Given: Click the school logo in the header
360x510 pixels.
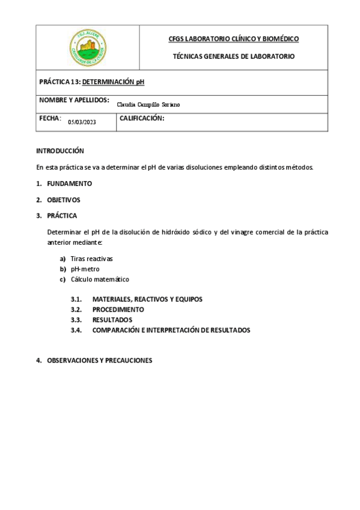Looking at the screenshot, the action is coord(88,47).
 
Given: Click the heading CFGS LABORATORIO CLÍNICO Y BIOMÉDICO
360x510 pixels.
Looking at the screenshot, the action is coord(234,39).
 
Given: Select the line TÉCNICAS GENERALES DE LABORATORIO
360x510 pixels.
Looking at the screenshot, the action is coord(234,56).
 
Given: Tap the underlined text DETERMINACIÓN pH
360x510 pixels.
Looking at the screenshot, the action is coord(114,81).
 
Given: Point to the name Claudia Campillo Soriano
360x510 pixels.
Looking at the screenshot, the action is coord(148,105).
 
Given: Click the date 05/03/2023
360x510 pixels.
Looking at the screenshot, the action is coord(82,122).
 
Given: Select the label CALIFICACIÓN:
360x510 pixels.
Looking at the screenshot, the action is coord(142,118).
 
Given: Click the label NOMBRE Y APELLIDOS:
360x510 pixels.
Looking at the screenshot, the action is coord(74,99).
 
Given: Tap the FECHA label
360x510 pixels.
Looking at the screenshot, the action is coord(50,118).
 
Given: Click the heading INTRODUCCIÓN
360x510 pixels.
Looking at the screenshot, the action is coord(60,151).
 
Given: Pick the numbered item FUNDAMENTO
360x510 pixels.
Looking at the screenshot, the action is coord(69,183).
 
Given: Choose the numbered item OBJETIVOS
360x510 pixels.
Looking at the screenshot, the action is coord(63,200).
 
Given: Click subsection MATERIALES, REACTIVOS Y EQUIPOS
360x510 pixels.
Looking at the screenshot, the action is coord(147,299).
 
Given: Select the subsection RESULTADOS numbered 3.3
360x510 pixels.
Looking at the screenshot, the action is coord(112,319).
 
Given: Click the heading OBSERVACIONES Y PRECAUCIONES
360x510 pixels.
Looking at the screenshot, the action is coord(99,361).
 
